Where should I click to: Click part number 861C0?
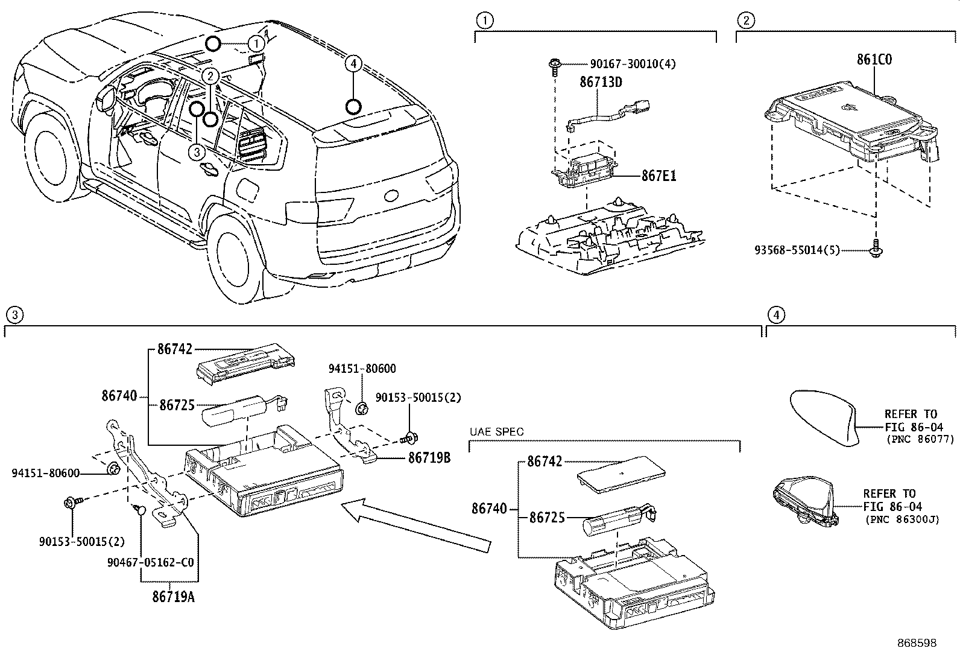point(874,60)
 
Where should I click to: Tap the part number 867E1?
point(658,176)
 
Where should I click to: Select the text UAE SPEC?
point(496,432)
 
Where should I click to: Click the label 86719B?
point(429,458)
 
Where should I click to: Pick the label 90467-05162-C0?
point(151,562)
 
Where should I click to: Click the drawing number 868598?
point(917,643)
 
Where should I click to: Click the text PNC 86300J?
point(902,519)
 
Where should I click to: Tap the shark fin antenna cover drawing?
point(823,417)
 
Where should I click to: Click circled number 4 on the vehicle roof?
point(353,63)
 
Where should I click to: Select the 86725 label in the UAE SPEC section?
point(547,518)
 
